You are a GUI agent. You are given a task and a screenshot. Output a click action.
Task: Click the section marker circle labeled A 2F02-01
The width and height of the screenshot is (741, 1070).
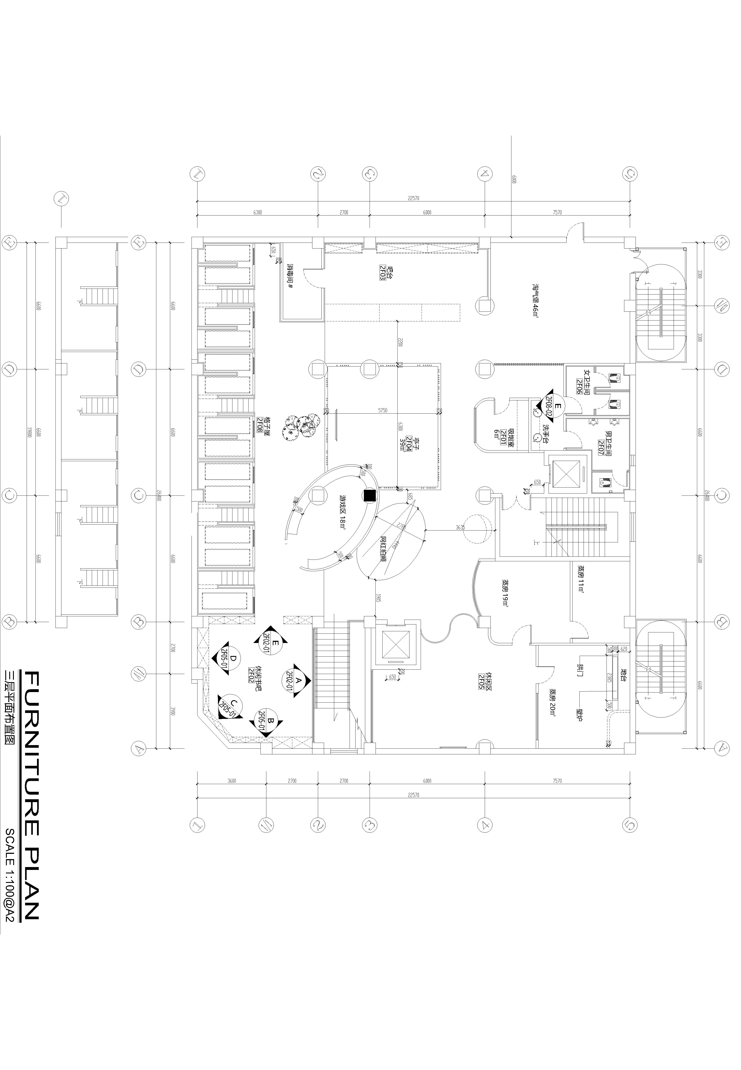coord(296,684)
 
